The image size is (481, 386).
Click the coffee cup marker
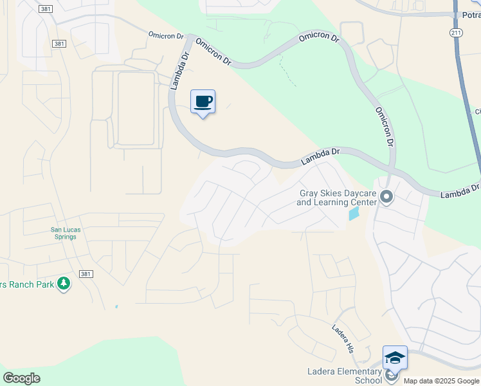pos(203,102)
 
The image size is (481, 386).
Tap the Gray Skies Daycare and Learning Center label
pos(336,198)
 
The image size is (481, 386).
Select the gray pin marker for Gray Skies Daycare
pos(386,197)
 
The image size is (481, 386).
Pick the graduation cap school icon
pos(395,358)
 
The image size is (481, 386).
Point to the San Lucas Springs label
pos(64,232)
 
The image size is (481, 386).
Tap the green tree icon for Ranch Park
pos(63,283)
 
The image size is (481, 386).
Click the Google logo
pos(21,378)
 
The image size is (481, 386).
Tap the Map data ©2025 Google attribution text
pos(442,381)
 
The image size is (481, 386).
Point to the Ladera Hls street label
pos(343,338)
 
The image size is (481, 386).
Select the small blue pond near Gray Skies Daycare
pos(354,213)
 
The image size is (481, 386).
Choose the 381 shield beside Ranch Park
pos(86,274)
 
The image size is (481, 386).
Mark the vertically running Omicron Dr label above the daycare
pos(385,127)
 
